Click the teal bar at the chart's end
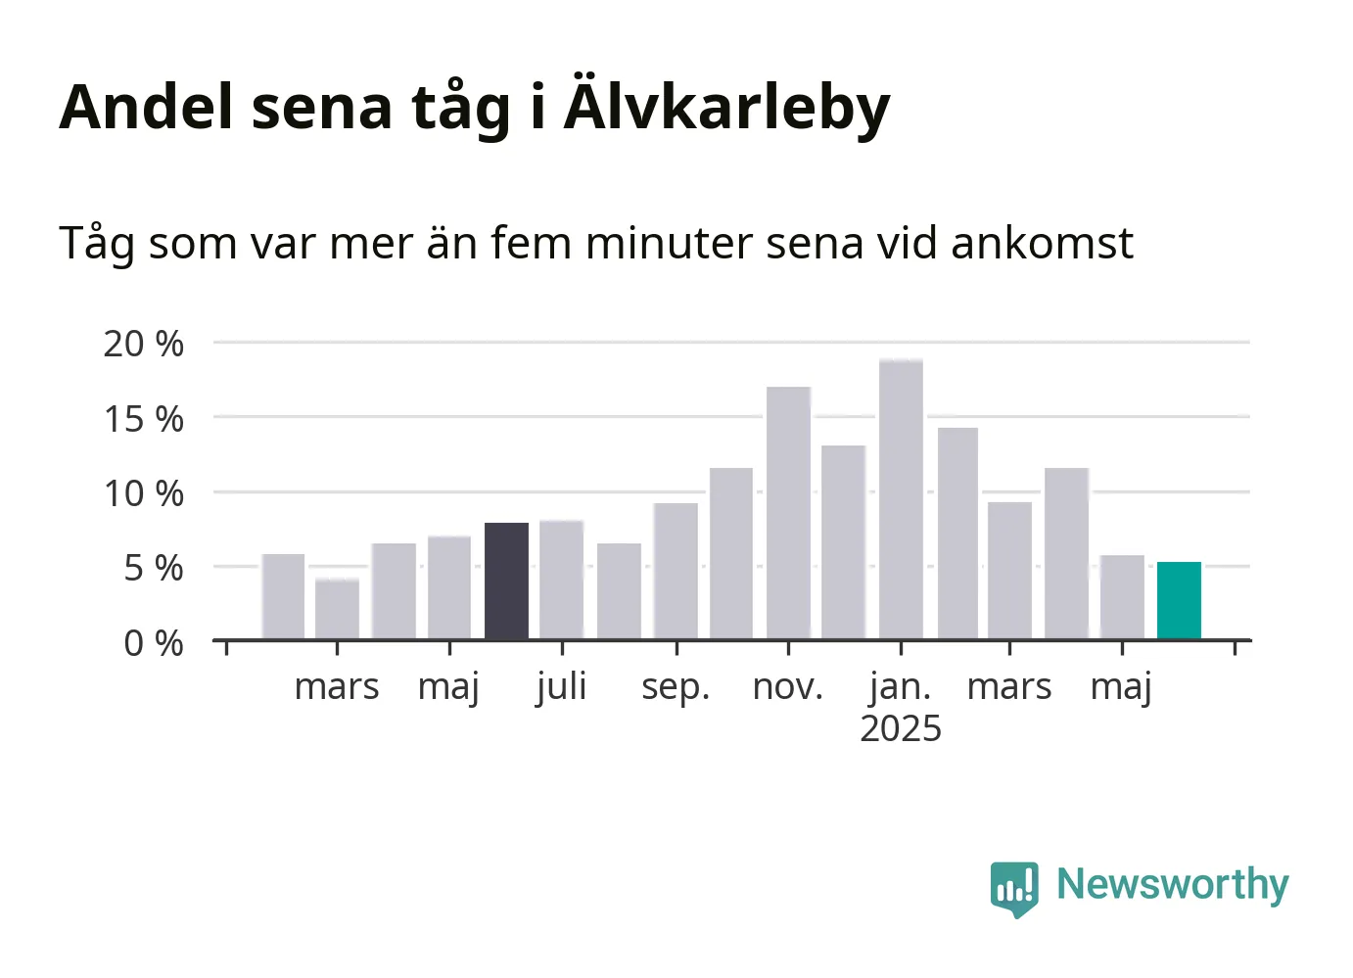click(x=1179, y=600)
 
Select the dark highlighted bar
click(x=507, y=582)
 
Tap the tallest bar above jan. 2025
click(x=902, y=499)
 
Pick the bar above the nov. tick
click(x=789, y=513)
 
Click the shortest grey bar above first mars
click(x=337, y=608)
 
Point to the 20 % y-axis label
click(x=144, y=345)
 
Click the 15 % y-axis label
click(x=144, y=419)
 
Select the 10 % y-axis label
click(x=144, y=494)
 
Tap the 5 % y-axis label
click(x=154, y=569)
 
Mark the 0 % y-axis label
click(x=154, y=643)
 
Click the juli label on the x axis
click(x=562, y=687)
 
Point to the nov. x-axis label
click(x=788, y=687)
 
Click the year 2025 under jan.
click(x=901, y=728)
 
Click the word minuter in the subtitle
click(x=669, y=243)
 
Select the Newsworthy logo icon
click(x=1014, y=889)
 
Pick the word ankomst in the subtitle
click(x=1043, y=243)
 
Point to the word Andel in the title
click(x=146, y=107)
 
